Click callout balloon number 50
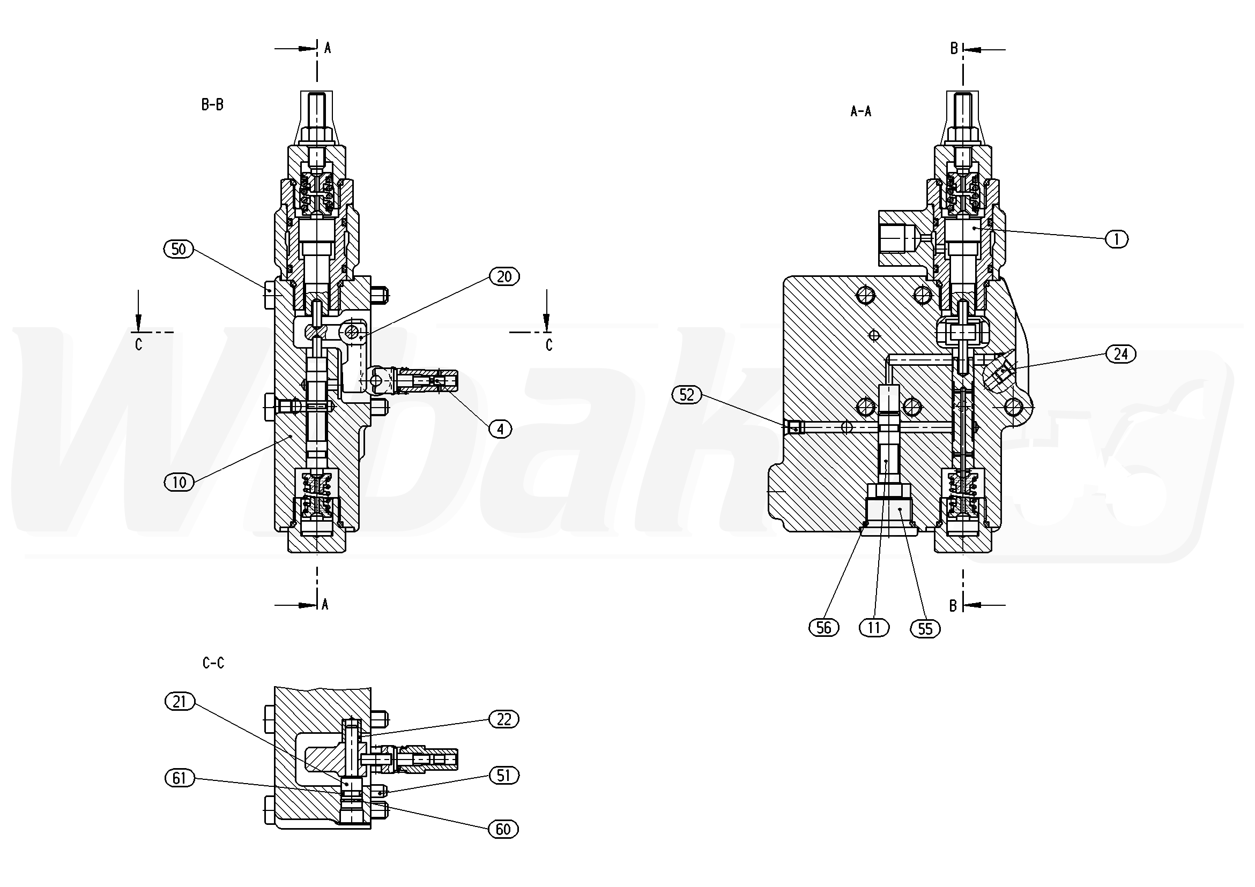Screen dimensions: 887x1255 [179, 250]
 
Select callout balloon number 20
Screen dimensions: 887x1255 [504, 276]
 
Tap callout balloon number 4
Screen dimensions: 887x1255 [500, 429]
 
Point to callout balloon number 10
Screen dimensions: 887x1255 [179, 482]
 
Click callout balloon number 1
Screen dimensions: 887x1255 [1117, 239]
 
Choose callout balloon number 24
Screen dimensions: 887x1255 [1120, 355]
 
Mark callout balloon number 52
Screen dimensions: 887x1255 [687, 394]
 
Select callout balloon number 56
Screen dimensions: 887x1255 [824, 628]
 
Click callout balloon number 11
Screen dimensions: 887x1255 [874, 628]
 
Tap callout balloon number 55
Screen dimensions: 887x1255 [925, 629]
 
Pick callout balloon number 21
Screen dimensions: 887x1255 [180, 702]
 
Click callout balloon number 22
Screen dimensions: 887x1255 [503, 719]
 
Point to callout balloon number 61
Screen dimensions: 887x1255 [180, 778]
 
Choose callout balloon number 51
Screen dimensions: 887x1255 [503, 776]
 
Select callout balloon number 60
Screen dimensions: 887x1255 [503, 830]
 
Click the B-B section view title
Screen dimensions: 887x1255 [212, 104]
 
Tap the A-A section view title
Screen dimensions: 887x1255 [861, 111]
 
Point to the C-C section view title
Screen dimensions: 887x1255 [213, 663]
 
